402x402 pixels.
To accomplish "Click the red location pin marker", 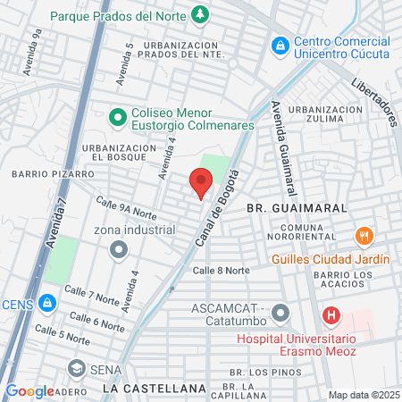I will (200, 183).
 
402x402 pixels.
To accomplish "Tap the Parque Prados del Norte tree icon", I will (201, 14).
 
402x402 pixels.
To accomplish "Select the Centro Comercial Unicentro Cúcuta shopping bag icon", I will (281, 44).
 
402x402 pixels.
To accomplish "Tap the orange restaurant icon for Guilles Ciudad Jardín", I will (364, 237).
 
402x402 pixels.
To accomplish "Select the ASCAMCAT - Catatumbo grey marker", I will (281, 314).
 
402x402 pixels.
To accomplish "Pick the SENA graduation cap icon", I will (77, 368).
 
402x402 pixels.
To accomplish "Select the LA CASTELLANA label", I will (154, 389).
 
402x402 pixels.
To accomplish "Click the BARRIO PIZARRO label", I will (53, 173).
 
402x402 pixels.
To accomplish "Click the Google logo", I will (29, 390).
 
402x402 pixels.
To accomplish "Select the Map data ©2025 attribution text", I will (364, 395).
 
